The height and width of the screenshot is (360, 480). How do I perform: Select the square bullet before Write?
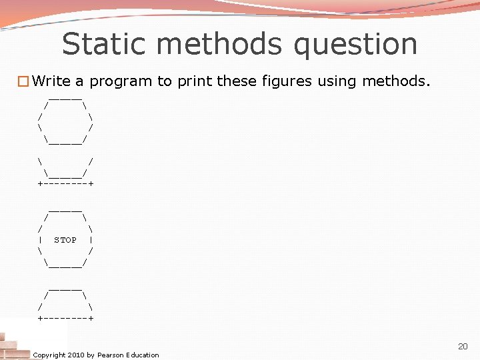pos(23,82)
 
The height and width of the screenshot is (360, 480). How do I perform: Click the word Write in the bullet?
pos(51,81)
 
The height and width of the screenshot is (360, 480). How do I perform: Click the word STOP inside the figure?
pos(65,240)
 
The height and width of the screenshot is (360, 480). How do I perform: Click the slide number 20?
pos(463,347)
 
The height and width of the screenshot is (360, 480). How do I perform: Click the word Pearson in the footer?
pos(111,355)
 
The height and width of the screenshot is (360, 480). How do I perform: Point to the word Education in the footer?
pos(142,355)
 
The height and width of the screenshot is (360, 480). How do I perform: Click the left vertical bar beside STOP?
pos(41,240)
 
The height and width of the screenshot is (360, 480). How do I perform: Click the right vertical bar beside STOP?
pos(90,240)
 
